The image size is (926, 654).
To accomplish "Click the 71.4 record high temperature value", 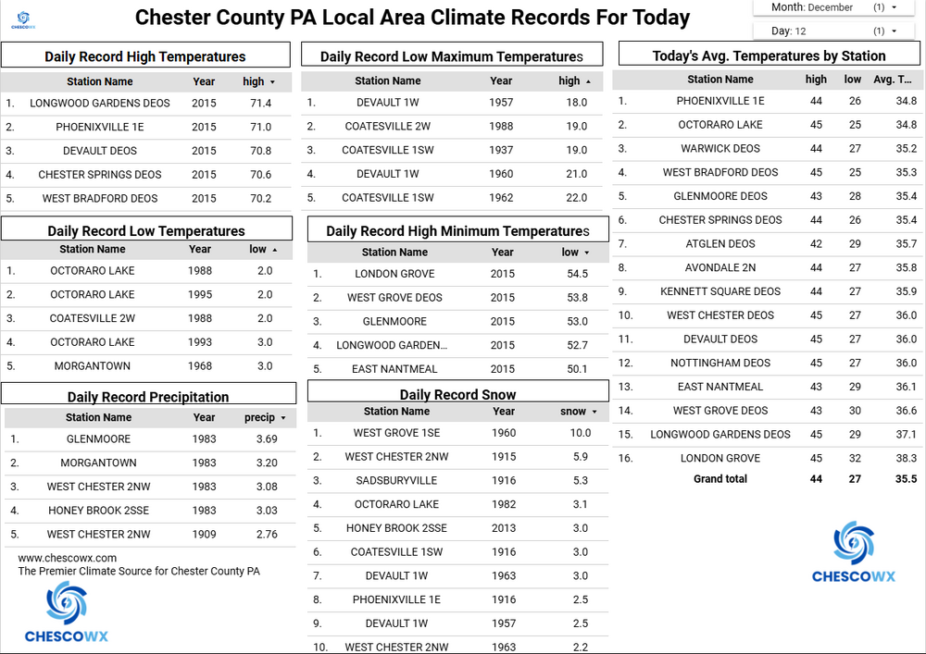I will tap(261, 104).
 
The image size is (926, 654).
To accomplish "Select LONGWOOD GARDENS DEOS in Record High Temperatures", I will tap(100, 104).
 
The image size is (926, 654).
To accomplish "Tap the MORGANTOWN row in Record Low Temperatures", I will tap(92, 366).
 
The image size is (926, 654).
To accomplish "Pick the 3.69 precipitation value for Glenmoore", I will tap(267, 439).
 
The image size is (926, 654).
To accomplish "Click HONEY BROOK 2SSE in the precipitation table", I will tap(98, 511).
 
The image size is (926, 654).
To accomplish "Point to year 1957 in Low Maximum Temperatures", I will tap(501, 103).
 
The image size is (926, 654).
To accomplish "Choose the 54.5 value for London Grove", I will tap(576, 274).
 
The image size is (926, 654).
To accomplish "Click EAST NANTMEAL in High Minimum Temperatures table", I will tap(394, 369).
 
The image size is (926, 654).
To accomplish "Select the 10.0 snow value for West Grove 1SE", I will tap(580, 433).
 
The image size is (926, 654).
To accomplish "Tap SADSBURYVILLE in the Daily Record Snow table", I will tap(396, 481).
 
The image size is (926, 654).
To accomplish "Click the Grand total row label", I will tap(720, 479).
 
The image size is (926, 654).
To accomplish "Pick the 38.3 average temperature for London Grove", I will tap(906, 459).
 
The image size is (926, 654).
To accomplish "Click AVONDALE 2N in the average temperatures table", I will tap(720, 268).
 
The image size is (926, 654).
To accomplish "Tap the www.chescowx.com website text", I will tap(68, 558).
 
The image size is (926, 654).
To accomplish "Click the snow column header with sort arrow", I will tap(578, 412).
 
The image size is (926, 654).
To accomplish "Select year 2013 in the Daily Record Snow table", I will tap(504, 528).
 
